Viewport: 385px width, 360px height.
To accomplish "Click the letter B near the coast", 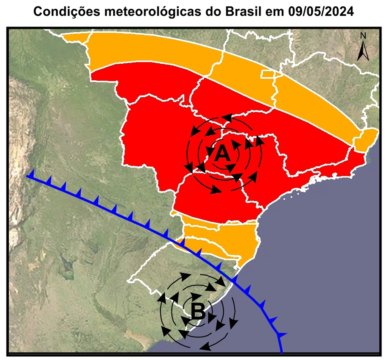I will pyautogui.click(x=198, y=312).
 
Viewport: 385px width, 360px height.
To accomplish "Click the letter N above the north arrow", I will pyautogui.click(x=363, y=36).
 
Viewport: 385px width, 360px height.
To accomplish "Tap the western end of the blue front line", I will pyautogui.click(x=28, y=176).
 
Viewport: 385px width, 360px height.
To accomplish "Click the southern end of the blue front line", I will pyautogui.click(x=281, y=350).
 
